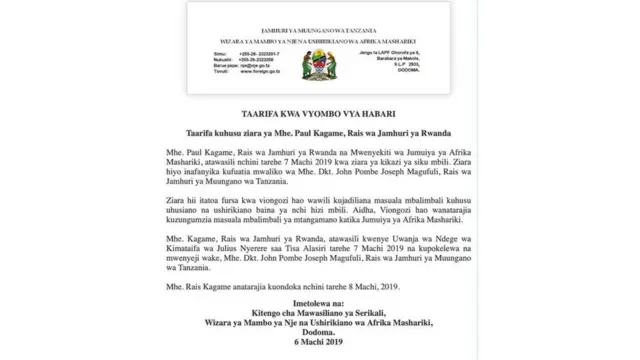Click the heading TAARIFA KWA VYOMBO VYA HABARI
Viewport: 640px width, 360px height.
point(319,111)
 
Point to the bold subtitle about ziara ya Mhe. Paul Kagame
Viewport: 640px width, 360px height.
point(319,132)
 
